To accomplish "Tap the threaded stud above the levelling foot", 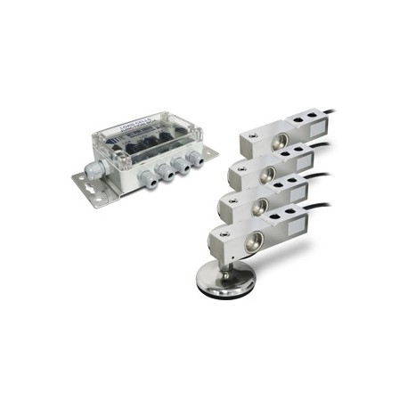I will [229, 264].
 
